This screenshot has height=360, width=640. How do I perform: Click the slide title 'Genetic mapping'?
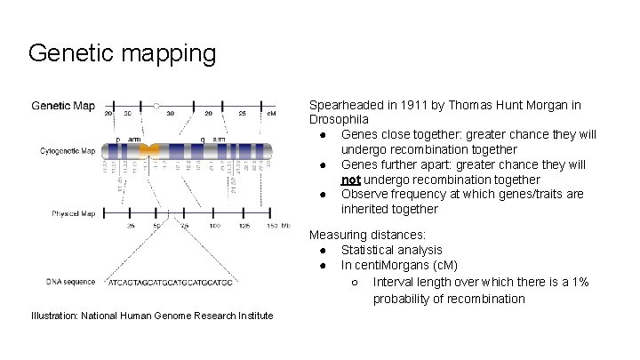click(x=122, y=53)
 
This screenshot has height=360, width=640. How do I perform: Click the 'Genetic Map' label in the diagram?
click(x=63, y=106)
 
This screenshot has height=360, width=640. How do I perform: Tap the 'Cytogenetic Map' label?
click(x=67, y=151)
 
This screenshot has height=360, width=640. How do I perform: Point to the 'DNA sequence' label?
click(x=70, y=282)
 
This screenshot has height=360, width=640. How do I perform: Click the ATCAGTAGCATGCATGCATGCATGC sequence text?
click(x=171, y=283)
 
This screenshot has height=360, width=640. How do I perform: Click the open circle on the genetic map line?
click(x=157, y=105)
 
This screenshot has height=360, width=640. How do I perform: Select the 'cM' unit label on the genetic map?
click(x=271, y=114)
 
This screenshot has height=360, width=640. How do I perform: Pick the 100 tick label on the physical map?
click(x=214, y=227)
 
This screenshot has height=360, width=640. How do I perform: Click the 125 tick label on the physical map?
click(x=242, y=227)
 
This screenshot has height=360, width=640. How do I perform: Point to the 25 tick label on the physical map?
click(x=131, y=227)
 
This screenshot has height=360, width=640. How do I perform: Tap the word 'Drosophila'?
click(x=339, y=119)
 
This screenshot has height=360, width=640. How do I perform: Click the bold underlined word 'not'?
click(x=351, y=180)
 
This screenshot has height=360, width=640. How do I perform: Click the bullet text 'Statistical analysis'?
click(x=392, y=251)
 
